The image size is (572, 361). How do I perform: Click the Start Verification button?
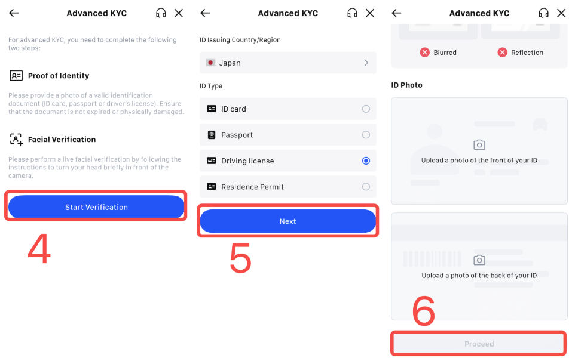(96, 207)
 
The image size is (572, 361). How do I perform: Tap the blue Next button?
(287, 221)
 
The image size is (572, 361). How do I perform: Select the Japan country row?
(287, 63)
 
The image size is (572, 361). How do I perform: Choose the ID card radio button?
(366, 109)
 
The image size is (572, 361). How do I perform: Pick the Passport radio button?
(366, 135)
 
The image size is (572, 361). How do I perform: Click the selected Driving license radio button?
(366, 161)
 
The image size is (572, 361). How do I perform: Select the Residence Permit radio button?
(366, 187)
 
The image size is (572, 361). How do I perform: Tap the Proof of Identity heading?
(58, 76)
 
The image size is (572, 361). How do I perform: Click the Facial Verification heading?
(62, 140)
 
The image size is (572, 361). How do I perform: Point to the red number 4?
(39, 249)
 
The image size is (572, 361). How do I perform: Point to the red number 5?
(240, 258)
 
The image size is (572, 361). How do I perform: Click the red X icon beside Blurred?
(425, 53)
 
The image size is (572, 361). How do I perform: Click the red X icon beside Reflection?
(503, 53)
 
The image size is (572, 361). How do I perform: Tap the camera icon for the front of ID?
(479, 145)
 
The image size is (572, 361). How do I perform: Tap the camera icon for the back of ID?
(479, 260)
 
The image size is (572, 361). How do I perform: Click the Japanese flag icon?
(210, 63)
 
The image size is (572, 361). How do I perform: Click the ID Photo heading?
(406, 85)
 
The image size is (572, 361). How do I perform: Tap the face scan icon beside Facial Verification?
(16, 140)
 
